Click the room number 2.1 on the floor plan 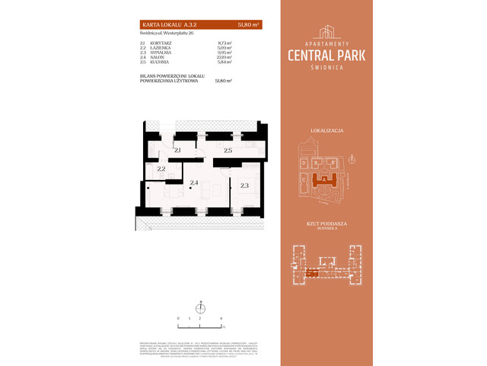pos(177,151)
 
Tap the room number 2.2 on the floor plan pos(161,169)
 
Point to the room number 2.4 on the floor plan pos(194,184)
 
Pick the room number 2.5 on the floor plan pos(227,151)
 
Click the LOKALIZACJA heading pos(328,131)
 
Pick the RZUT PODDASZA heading pos(328,224)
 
